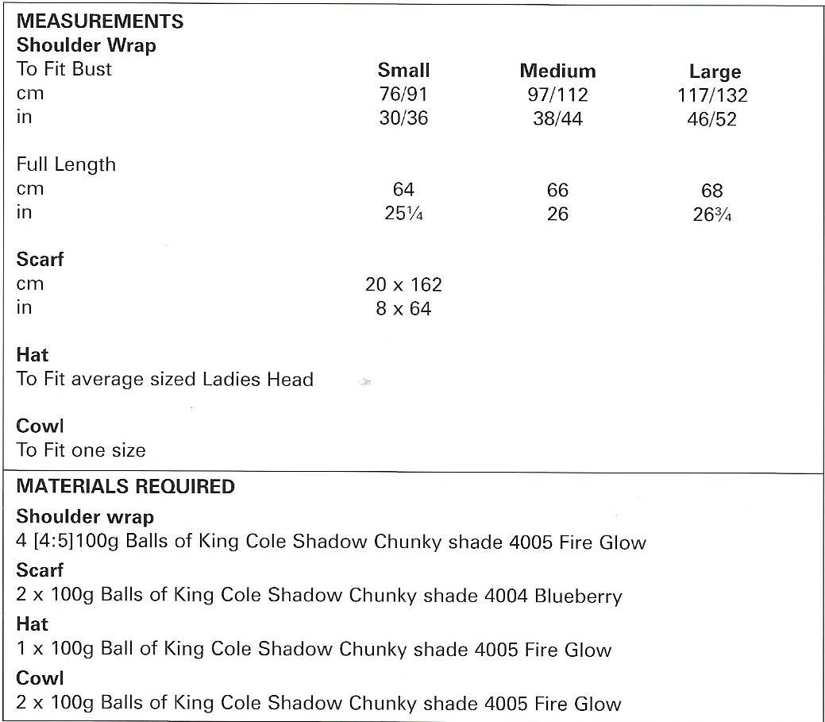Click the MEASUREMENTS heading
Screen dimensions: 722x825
(100, 21)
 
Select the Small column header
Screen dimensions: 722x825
(403, 70)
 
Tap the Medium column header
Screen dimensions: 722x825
(557, 71)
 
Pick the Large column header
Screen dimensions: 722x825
(715, 72)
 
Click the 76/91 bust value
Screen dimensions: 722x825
(403, 94)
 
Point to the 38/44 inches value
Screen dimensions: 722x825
(557, 118)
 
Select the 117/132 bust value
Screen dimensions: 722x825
(712, 96)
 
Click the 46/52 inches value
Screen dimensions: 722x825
(712, 120)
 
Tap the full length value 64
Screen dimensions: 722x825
(403, 190)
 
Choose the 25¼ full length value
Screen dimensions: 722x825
(403, 214)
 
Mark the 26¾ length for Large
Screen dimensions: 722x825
(712, 215)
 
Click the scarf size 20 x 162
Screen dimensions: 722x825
(403, 284)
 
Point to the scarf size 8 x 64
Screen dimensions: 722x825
(403, 308)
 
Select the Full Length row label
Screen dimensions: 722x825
(66, 164)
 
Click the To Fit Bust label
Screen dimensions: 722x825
(64, 69)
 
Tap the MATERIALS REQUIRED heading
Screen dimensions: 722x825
(125, 486)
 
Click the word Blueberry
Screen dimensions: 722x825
(578, 596)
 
